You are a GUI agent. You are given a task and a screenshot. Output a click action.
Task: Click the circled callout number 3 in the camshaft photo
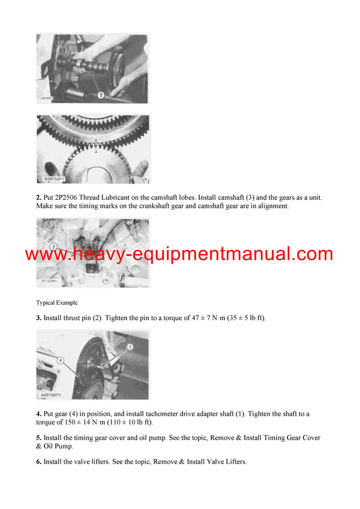(101, 94)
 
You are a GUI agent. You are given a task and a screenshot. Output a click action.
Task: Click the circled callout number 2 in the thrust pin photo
(53, 246)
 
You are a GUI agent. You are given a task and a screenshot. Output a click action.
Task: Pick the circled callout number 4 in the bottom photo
(61, 360)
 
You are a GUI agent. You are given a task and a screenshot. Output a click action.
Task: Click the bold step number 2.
(38, 197)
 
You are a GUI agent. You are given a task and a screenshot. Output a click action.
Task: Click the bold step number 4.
(38, 414)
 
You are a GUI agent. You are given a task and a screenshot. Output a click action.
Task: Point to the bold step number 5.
(38, 438)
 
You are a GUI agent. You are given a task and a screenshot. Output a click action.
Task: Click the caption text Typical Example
(56, 303)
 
